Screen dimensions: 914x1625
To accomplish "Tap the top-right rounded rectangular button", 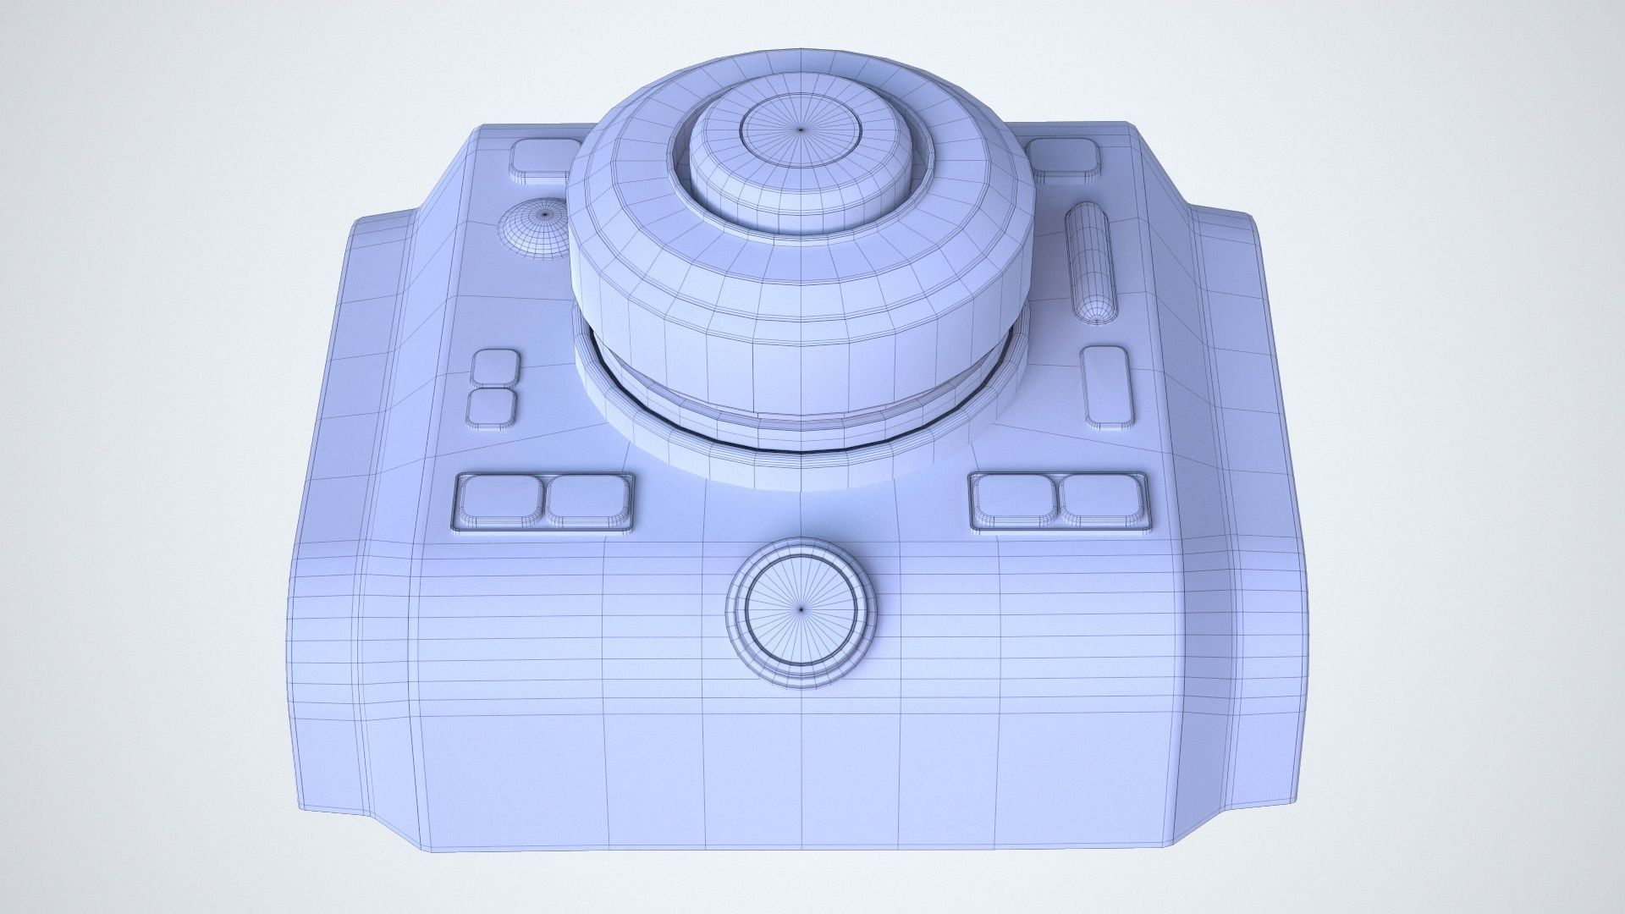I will click(1063, 159).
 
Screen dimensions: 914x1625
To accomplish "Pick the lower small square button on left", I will click(493, 407).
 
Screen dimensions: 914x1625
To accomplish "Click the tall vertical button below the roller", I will click(1106, 385).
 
